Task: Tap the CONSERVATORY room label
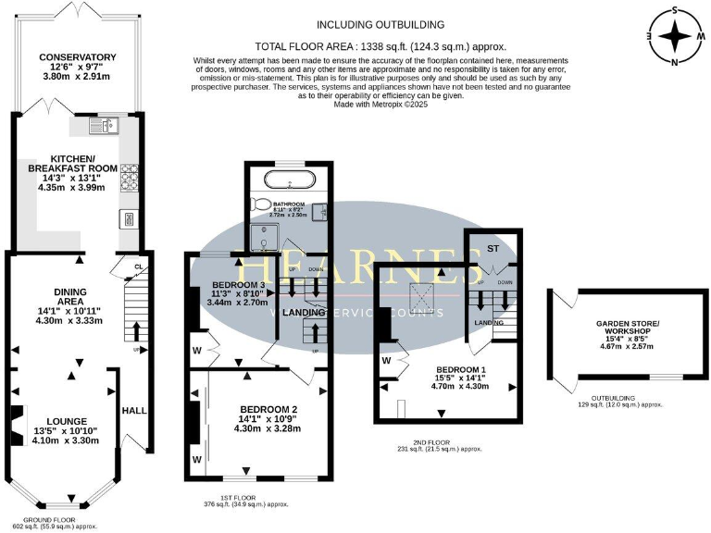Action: pos(78,57)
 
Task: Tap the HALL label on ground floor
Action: pos(134,410)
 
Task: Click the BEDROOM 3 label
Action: pos(239,284)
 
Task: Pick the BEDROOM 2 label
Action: pos(268,409)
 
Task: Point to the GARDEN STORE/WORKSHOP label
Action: pos(625,328)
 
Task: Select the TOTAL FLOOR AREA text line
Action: pos(380,45)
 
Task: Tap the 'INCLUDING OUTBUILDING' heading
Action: pos(380,24)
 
